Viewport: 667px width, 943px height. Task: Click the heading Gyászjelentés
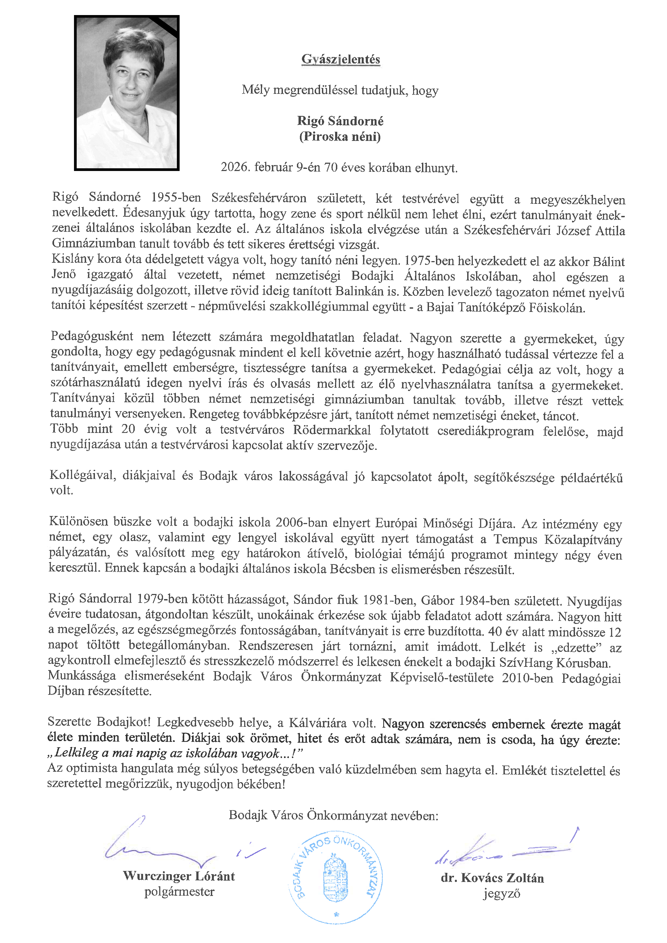coord(340,59)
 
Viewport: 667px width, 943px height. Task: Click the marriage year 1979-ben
coord(161,599)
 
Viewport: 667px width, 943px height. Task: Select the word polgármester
coord(179,892)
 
